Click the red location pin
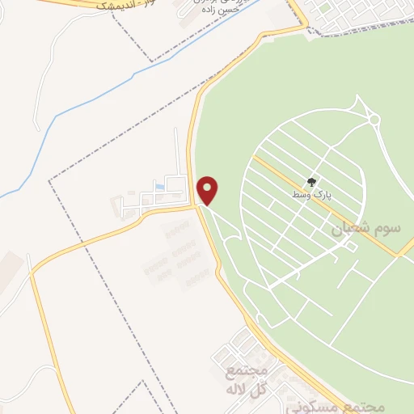click(209, 190)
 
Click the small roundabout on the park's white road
click(374, 120)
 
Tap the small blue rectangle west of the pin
click(158, 188)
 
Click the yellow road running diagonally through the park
click(340, 210)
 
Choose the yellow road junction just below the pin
click(199, 207)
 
